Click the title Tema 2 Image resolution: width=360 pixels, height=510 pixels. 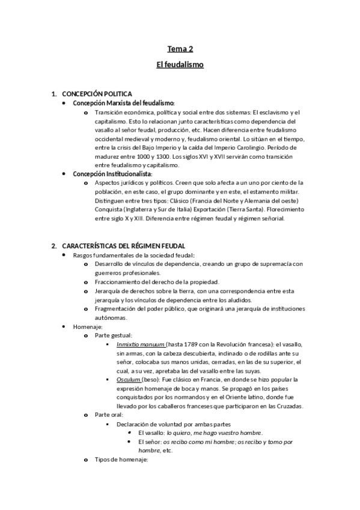[x=180, y=49]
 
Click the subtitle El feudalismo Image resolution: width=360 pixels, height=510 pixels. [x=180, y=64]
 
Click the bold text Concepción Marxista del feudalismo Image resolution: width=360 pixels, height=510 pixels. [x=123, y=103]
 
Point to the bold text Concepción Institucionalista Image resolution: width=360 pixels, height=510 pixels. [x=112, y=174]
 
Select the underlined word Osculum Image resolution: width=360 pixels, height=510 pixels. [x=129, y=379]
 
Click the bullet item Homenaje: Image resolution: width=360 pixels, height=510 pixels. [x=88, y=326]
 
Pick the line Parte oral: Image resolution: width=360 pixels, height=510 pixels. [x=109, y=415]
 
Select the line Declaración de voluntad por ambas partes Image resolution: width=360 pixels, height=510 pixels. [x=174, y=424]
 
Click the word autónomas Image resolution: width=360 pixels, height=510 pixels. [x=111, y=317]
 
